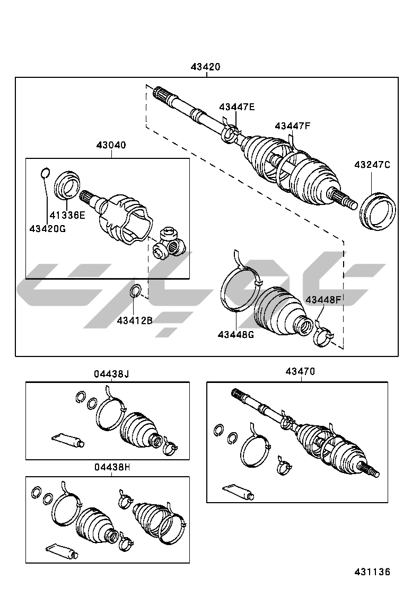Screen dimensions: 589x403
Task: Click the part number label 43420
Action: tap(206, 67)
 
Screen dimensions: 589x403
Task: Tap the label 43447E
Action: tap(237, 107)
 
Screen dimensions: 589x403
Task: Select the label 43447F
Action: tap(292, 126)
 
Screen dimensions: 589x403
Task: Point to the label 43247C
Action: tap(372, 165)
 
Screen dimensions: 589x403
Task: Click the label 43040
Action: tap(111, 145)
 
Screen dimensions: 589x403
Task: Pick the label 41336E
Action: tap(67, 215)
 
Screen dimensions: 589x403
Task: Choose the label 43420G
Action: tap(48, 228)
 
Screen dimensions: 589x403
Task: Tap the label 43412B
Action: tap(135, 320)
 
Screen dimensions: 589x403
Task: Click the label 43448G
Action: tap(235, 334)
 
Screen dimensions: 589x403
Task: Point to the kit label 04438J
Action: tap(111, 374)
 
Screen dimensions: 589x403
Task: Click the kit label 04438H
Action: tap(112, 467)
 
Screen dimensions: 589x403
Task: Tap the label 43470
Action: tap(300, 372)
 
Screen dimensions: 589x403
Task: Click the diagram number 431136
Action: tap(372, 572)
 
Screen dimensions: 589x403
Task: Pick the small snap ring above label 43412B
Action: tap(135, 291)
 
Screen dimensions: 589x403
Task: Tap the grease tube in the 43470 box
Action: tap(238, 492)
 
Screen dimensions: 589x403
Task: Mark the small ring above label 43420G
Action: tap(45, 173)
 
